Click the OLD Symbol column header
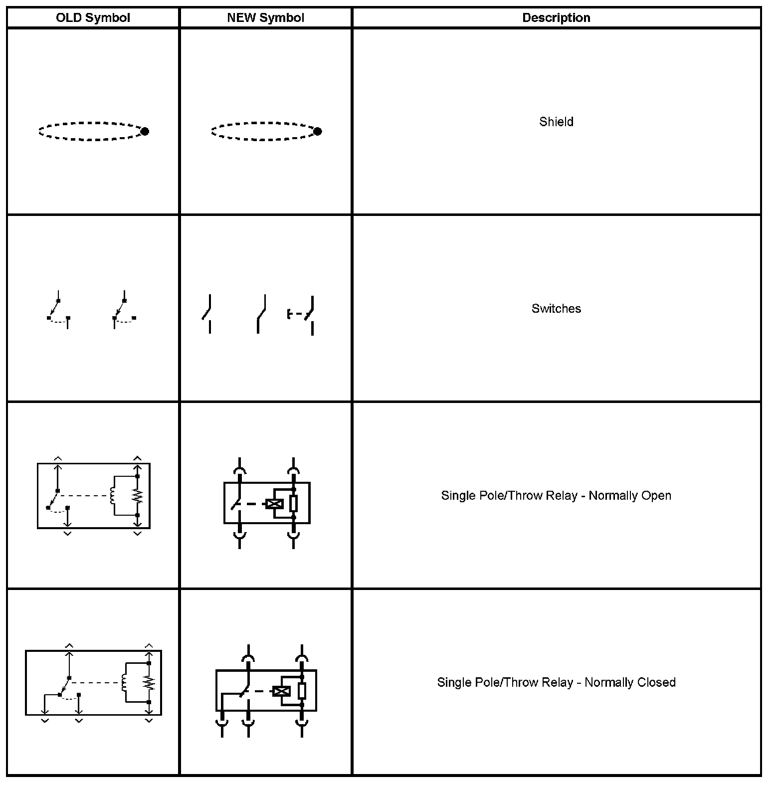tap(93, 18)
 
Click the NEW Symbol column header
tap(265, 18)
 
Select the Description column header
tap(556, 18)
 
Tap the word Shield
tap(556, 122)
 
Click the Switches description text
tap(556, 309)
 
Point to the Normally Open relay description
tap(556, 496)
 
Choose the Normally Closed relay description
tap(556, 682)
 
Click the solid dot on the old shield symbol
tap(145, 132)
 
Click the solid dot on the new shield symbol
tap(318, 131)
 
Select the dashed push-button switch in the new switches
tap(301, 315)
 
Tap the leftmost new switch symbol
tap(207, 314)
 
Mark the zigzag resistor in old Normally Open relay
tap(138, 496)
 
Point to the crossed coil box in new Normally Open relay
tap(274, 504)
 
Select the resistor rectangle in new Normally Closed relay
tap(302, 691)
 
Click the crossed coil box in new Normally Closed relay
tap(282, 691)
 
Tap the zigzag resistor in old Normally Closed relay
tap(149, 682)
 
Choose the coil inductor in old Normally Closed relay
tap(124, 682)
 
